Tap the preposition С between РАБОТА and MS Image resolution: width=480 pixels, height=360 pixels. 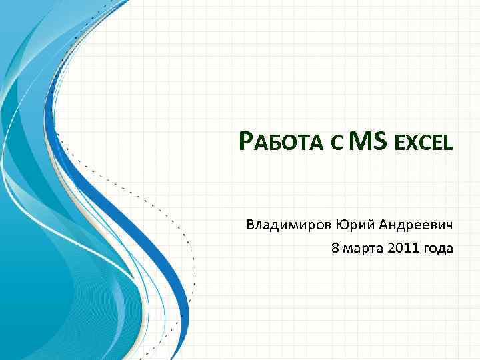(336, 143)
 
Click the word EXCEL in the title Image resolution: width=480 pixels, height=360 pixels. (423, 143)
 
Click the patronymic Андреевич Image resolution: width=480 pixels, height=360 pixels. (413, 224)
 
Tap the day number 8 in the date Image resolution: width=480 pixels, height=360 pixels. (335, 248)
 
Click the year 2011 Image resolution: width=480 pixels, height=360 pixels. (401, 248)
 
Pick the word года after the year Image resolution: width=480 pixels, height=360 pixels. (437, 249)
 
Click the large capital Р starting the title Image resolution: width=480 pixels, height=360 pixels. (246, 141)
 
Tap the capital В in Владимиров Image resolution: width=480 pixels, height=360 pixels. (251, 224)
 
